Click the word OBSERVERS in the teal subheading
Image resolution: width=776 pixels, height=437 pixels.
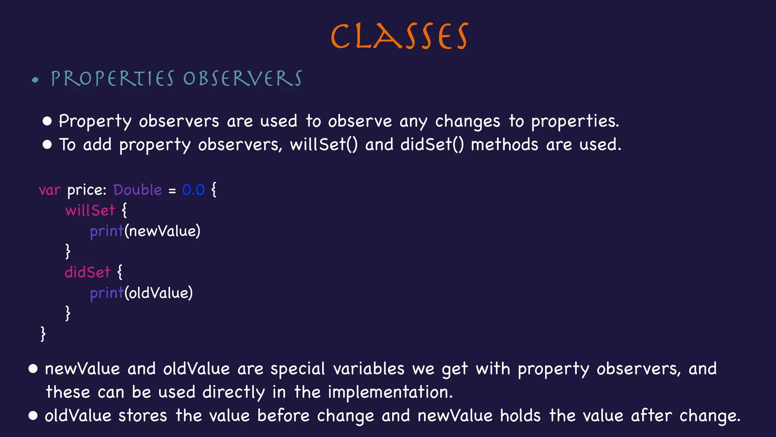(242, 79)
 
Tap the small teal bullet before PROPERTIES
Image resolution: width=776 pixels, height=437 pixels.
(35, 80)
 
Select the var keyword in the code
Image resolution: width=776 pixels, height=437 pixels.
(50, 190)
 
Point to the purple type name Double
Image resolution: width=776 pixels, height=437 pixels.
(138, 190)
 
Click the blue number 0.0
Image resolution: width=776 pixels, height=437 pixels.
(193, 190)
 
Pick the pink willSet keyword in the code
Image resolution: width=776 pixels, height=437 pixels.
(90, 210)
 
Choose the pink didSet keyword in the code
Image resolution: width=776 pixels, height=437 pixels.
(88, 272)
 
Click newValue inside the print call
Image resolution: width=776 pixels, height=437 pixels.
(162, 231)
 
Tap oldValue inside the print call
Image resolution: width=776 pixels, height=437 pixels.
(159, 293)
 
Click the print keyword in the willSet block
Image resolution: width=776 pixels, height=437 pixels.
(107, 231)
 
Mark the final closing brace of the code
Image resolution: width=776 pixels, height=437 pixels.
(43, 334)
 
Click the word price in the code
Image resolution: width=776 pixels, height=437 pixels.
(86, 190)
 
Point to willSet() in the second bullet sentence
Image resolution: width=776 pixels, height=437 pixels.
(324, 145)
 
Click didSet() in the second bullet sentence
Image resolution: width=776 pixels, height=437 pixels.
(432, 145)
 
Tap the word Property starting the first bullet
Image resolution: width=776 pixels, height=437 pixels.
(95, 121)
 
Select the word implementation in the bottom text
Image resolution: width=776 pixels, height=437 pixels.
(390, 392)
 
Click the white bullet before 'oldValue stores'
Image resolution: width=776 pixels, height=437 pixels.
(33, 416)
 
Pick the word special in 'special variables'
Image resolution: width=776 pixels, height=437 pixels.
(298, 369)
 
